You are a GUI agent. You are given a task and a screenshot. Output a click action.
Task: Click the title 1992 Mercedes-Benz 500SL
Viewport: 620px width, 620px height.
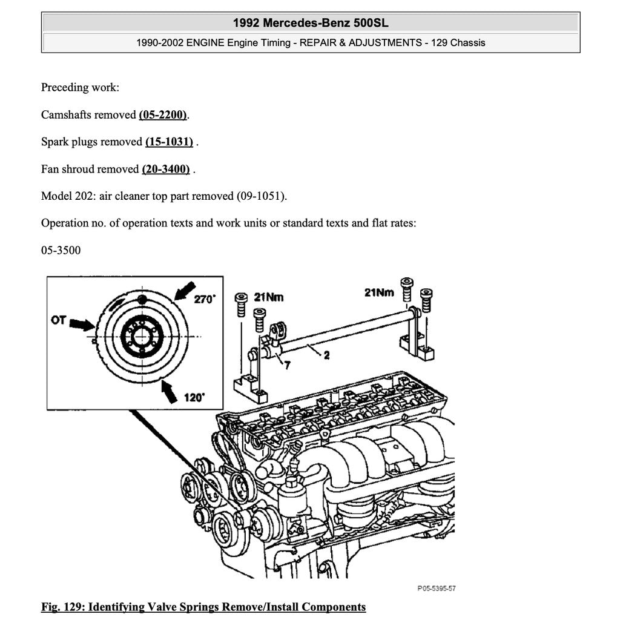click(311, 23)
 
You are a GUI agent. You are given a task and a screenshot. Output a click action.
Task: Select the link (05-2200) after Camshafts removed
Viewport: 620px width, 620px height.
click(163, 114)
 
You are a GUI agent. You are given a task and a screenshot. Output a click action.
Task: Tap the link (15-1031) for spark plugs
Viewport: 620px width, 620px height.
click(169, 142)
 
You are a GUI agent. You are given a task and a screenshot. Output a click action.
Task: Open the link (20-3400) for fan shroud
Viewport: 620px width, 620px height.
click(166, 169)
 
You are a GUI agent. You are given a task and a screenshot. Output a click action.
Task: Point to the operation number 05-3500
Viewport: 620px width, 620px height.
click(61, 250)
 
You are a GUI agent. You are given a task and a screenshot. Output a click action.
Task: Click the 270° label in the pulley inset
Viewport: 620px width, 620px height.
click(205, 299)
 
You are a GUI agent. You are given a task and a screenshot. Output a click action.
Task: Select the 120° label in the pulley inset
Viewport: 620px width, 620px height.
click(194, 398)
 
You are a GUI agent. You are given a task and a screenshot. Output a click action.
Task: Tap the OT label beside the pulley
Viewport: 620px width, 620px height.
click(59, 319)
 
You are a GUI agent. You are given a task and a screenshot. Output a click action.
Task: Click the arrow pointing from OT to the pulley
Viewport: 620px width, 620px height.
click(82, 325)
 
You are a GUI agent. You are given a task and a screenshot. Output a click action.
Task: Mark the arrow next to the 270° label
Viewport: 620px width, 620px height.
click(184, 289)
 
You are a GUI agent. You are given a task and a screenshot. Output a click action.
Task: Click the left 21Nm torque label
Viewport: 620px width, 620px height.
click(268, 297)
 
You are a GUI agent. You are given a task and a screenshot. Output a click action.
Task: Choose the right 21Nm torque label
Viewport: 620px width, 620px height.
click(379, 292)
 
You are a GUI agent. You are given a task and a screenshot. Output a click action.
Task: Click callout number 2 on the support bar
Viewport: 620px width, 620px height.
click(326, 355)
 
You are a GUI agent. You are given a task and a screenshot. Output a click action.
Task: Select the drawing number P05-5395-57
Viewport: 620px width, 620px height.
click(436, 589)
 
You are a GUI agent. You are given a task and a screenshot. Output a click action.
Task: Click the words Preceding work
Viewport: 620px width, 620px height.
click(80, 87)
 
